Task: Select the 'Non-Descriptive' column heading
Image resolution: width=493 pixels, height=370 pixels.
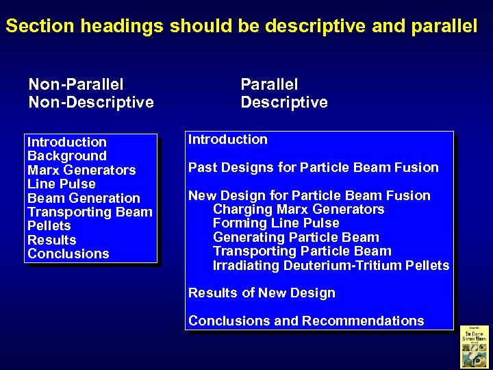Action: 91,103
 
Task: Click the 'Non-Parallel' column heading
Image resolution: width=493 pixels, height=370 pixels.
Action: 76,85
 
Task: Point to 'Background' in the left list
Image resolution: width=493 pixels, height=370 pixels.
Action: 67,156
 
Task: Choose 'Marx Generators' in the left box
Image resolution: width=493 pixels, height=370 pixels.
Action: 81,170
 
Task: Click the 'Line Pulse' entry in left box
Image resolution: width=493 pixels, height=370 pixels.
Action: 62,184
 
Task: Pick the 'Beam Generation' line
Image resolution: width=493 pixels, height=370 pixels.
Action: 84,198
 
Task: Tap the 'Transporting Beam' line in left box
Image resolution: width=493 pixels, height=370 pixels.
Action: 90,212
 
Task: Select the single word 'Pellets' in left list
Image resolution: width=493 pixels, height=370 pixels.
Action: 49,225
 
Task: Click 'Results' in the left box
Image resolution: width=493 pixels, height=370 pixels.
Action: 52,240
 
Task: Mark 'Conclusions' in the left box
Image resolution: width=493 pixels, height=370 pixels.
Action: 68,254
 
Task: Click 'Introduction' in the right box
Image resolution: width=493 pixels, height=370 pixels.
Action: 228,139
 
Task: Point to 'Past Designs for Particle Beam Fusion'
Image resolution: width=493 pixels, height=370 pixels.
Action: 314,167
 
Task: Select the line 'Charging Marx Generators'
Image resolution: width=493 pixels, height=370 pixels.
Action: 299,209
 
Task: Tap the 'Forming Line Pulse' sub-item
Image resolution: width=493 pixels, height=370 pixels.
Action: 276,223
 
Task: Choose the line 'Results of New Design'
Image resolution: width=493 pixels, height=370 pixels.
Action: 262,293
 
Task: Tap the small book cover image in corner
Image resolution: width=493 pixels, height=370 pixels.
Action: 474,346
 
